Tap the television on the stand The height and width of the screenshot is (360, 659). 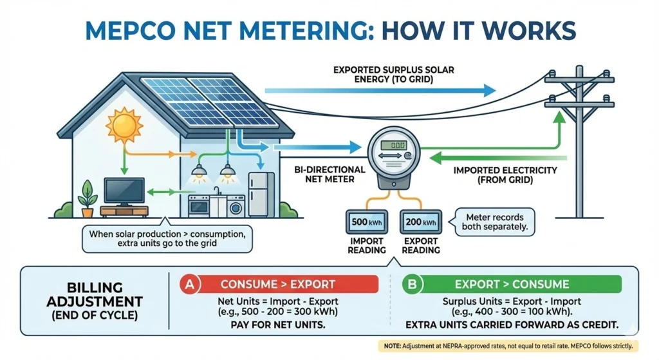124,191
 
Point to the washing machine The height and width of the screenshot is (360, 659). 236,206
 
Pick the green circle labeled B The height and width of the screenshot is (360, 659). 410,284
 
